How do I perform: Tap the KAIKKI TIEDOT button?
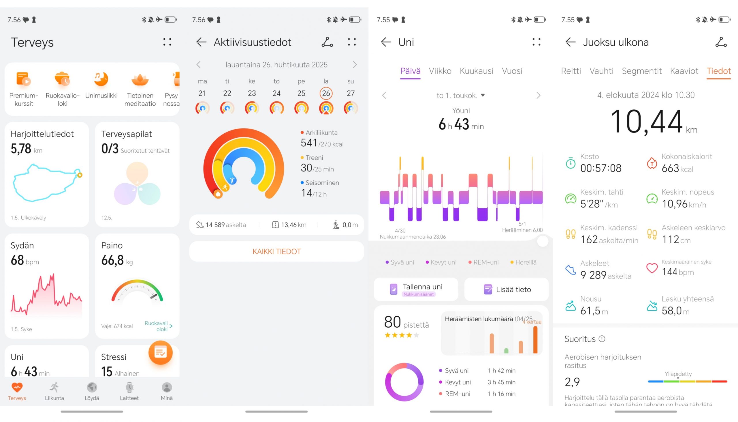pyautogui.click(x=276, y=251)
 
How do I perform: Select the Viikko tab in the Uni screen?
pyautogui.click(x=440, y=71)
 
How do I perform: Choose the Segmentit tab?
pyautogui.click(x=641, y=71)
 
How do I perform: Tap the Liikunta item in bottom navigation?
pyautogui.click(x=54, y=391)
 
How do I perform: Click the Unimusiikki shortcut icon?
pyautogui.click(x=101, y=79)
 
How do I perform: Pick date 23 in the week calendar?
pyautogui.click(x=251, y=93)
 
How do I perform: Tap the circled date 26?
pyautogui.click(x=326, y=93)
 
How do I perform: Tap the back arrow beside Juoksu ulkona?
pyautogui.click(x=570, y=42)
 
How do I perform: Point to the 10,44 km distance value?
pyautogui.click(x=646, y=122)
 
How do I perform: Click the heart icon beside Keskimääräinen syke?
pyautogui.click(x=652, y=268)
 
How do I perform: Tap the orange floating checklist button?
pyautogui.click(x=160, y=352)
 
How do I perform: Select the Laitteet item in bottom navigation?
pyautogui.click(x=129, y=391)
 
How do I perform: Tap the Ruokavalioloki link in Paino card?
pyautogui.click(x=158, y=326)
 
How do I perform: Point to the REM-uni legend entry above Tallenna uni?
pyautogui.click(x=484, y=262)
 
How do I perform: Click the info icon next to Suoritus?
pyautogui.click(x=602, y=339)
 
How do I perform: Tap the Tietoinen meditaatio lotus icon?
pyautogui.click(x=140, y=79)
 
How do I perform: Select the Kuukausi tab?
pyautogui.click(x=476, y=71)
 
